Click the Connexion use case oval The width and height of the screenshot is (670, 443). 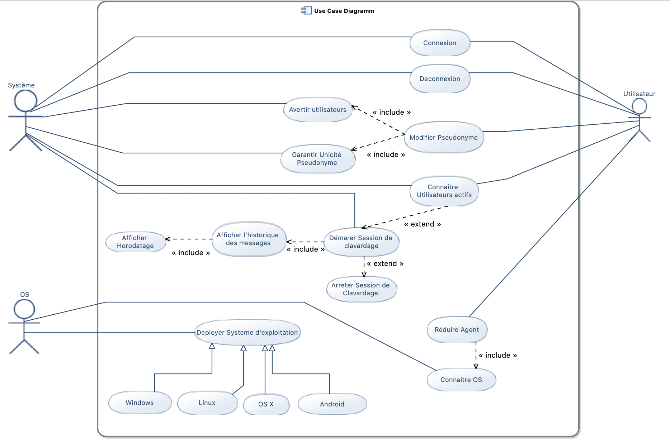coord(440,43)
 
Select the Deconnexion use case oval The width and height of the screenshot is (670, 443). coord(440,79)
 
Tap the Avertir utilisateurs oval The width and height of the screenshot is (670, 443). coord(318,110)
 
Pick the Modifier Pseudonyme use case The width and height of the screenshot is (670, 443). coord(444,138)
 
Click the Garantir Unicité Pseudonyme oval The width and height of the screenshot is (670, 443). coord(318,159)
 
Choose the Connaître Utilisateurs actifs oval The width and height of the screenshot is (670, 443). coord(444,191)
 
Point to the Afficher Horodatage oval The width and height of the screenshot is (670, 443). coord(136,242)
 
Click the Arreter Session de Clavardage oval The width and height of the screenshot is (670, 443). coord(361,289)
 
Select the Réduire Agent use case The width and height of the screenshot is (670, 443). coord(457,330)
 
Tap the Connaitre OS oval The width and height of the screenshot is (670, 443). coord(461,380)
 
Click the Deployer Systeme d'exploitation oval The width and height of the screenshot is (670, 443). coord(247,333)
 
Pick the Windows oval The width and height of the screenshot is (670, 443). coord(140,403)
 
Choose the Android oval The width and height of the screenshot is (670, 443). coord(332,404)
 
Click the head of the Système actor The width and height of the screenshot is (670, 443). coord(25,101)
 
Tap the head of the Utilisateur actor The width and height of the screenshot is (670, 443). coord(639,106)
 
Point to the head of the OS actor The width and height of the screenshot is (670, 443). coord(24,309)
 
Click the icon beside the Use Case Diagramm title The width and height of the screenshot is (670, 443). coord(306,11)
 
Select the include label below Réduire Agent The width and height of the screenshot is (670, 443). coord(498,355)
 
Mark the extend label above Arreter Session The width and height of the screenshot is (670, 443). coord(385,264)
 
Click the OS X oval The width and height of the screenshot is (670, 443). coord(266,404)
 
